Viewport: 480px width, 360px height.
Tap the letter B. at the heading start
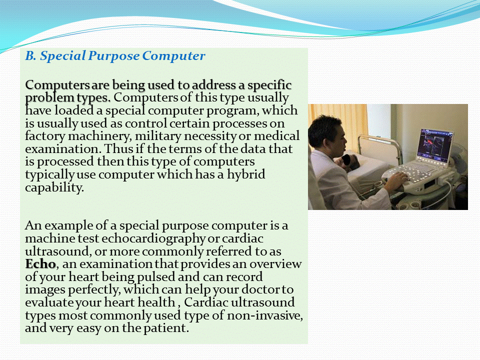(x=30, y=55)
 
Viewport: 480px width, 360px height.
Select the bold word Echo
(x=40, y=264)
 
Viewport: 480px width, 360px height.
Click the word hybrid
(x=246, y=174)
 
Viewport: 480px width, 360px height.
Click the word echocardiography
(x=153, y=238)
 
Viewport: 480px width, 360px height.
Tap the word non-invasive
(x=265, y=315)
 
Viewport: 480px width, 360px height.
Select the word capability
(x=54, y=187)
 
